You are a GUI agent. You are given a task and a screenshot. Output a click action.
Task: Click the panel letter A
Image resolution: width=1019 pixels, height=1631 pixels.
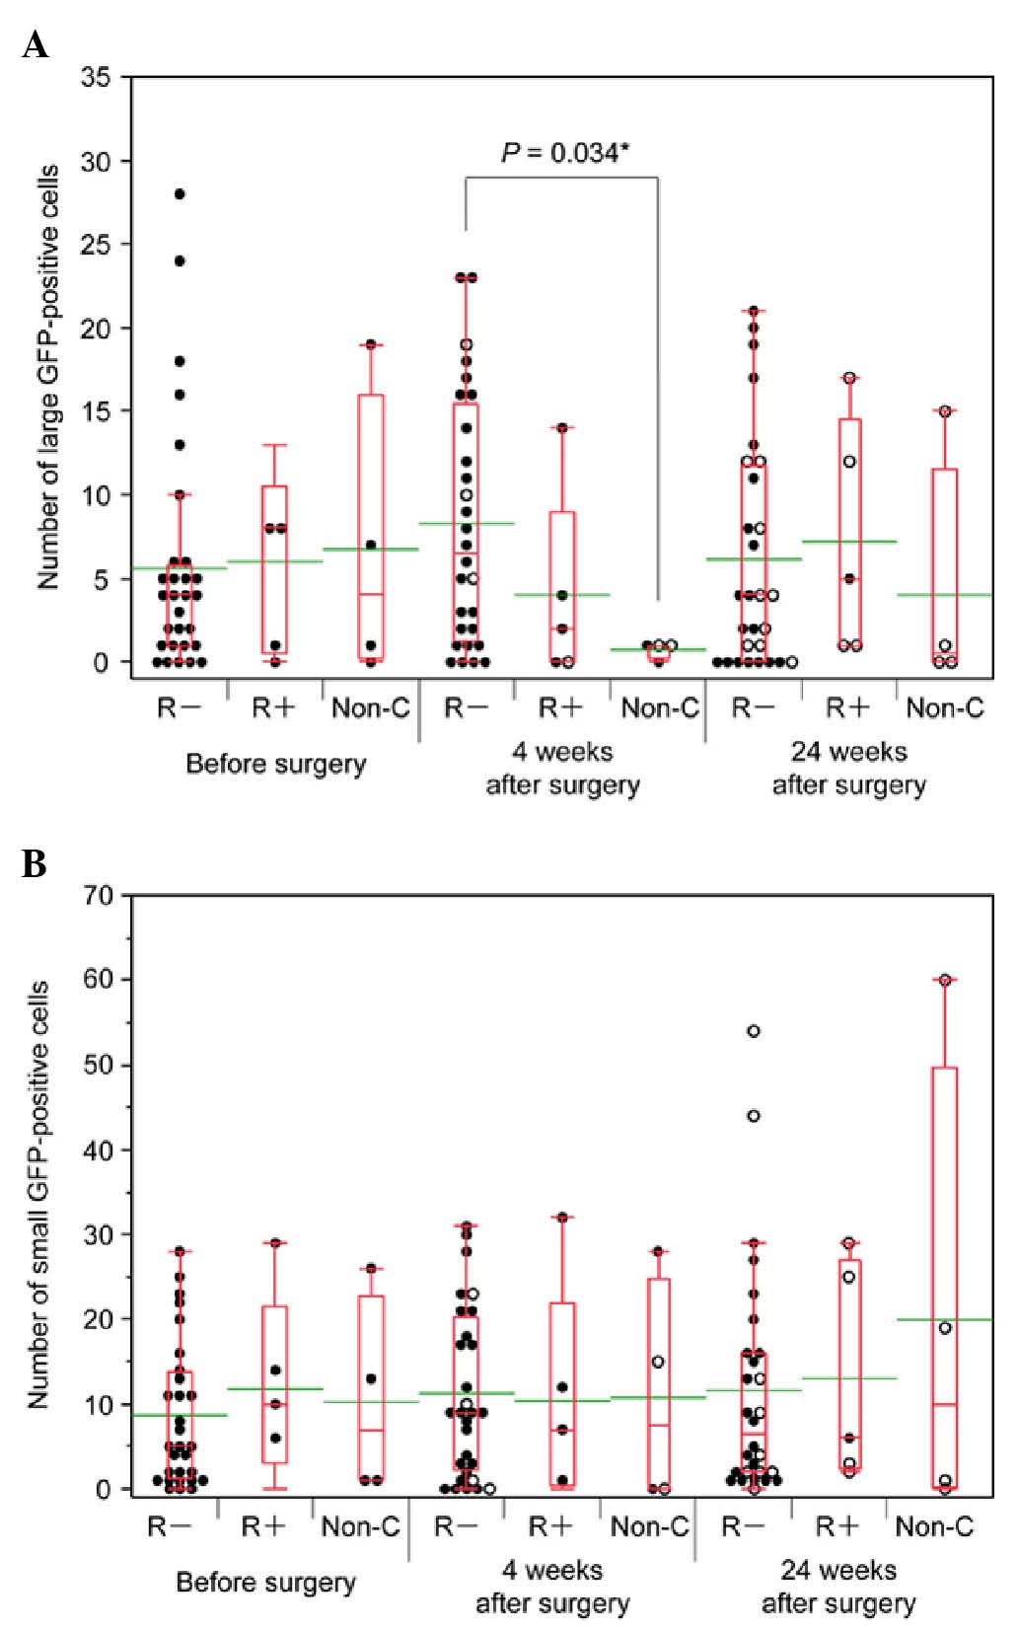(35, 44)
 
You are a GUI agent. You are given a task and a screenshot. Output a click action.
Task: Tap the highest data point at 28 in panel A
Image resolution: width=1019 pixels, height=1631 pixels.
(180, 194)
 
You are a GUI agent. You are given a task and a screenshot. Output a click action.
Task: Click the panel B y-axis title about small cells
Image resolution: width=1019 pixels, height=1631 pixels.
(39, 1195)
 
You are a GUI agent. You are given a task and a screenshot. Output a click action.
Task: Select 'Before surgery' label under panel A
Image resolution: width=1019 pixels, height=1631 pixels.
(275, 764)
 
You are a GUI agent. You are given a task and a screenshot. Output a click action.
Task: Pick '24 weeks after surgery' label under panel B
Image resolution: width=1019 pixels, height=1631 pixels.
(838, 1586)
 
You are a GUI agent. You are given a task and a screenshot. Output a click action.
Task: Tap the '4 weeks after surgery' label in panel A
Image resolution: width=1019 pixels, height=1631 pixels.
(562, 769)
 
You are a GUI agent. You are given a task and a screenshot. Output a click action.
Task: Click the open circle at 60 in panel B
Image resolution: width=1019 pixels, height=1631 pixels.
(945, 980)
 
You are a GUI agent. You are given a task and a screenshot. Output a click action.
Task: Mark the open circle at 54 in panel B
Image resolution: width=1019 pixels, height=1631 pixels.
(754, 1031)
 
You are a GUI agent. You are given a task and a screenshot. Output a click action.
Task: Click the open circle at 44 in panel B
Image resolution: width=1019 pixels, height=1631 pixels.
(754, 1116)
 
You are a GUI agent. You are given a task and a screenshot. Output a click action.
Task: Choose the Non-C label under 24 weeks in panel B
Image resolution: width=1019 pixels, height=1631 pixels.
(934, 1527)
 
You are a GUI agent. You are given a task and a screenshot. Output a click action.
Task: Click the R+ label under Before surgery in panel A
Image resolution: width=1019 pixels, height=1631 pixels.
(273, 707)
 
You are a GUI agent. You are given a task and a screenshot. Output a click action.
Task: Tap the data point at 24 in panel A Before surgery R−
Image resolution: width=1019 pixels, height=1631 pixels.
(180, 261)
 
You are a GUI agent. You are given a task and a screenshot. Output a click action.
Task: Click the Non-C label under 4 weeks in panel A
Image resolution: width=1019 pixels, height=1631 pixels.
(659, 707)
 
